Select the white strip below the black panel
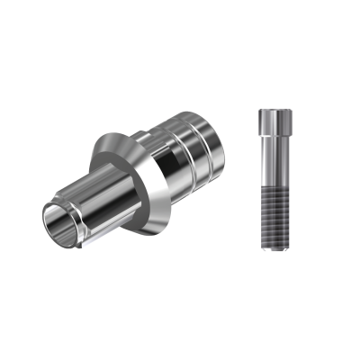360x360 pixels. pyautogui.click(x=180, y=324)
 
